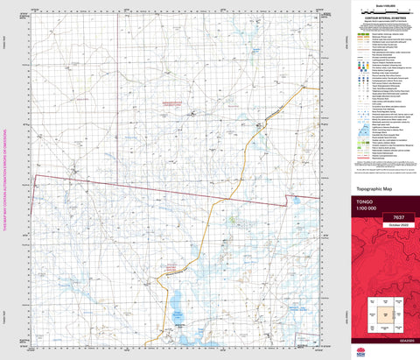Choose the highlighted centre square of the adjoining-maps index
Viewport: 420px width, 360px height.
point(385,313)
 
